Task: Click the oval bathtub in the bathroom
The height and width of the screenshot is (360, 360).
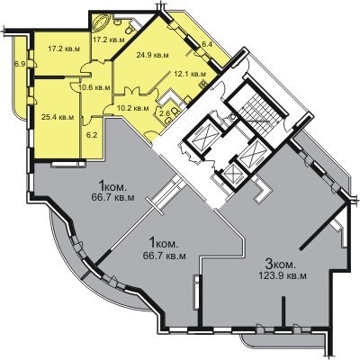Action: pyautogui.click(x=102, y=22)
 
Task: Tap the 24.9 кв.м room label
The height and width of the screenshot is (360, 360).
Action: pyautogui.click(x=152, y=55)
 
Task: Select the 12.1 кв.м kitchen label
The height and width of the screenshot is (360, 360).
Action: pyautogui.click(x=190, y=74)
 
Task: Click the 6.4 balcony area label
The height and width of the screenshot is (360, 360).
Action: pyautogui.click(x=207, y=44)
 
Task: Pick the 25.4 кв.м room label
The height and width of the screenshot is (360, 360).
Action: pyautogui.click(x=58, y=117)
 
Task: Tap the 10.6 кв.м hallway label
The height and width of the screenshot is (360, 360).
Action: pyautogui.click(x=94, y=87)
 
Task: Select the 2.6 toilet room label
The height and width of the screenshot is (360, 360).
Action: pyautogui.click(x=166, y=112)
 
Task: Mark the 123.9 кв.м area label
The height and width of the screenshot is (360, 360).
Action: pyautogui.click(x=283, y=275)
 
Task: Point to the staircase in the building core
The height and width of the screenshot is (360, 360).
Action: pyautogui.click(x=257, y=112)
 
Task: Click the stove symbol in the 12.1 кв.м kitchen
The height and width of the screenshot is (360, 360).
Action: pyautogui.click(x=202, y=83)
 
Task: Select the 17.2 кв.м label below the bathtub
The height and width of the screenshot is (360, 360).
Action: pyautogui.click(x=108, y=39)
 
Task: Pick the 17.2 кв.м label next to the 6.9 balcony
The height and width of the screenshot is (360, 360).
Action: pyautogui.click(x=64, y=49)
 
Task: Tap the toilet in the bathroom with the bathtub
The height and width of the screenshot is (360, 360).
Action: pyautogui.click(x=130, y=28)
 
